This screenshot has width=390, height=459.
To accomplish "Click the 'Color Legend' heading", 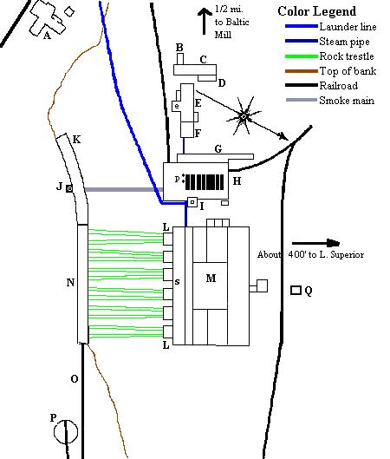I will click(x=317, y=11).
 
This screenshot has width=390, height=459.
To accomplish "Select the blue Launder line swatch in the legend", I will click(x=300, y=26).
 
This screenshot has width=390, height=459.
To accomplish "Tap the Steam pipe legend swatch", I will click(x=300, y=41).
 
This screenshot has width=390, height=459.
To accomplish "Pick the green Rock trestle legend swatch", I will click(x=300, y=56).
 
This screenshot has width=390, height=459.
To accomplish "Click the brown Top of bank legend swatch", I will click(x=300, y=70).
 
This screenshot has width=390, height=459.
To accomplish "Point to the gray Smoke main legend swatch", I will click(x=300, y=101).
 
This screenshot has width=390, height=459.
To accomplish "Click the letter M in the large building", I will click(x=211, y=278).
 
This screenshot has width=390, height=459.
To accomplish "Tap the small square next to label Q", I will click(x=296, y=291).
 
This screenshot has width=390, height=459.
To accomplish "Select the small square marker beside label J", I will click(x=68, y=187).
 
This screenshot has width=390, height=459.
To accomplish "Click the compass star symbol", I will click(x=244, y=115).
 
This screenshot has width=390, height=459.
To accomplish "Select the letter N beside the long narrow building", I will click(x=71, y=282).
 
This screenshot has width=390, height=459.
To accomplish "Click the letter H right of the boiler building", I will click(x=237, y=181).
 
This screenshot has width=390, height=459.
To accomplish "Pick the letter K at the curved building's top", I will click(x=76, y=139).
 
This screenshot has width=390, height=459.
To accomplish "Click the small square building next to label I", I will click(x=192, y=203).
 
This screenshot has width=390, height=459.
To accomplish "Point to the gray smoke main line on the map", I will click(x=121, y=188).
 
